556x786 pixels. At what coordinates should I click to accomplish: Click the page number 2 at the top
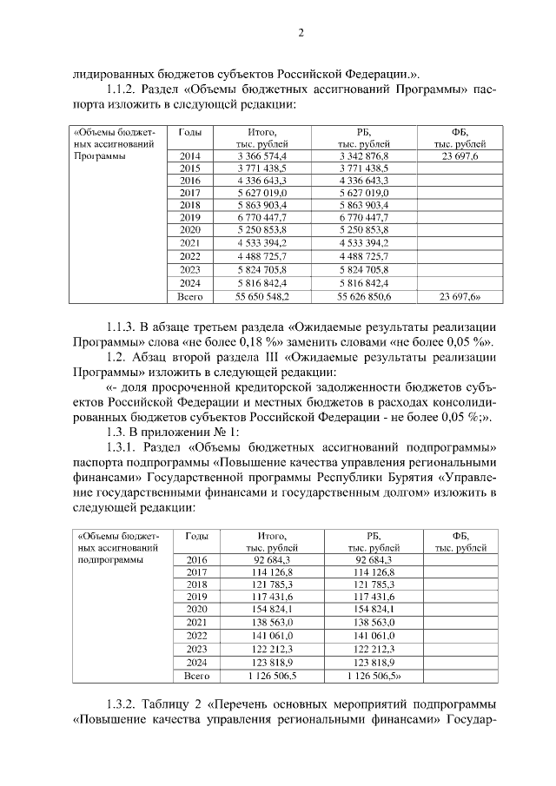(x=301, y=34)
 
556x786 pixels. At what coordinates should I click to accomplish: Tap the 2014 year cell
(x=189, y=155)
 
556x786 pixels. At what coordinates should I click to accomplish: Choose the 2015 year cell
(x=189, y=168)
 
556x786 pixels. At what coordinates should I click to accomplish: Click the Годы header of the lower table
(x=196, y=537)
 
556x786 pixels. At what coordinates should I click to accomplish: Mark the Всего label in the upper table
(x=189, y=296)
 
